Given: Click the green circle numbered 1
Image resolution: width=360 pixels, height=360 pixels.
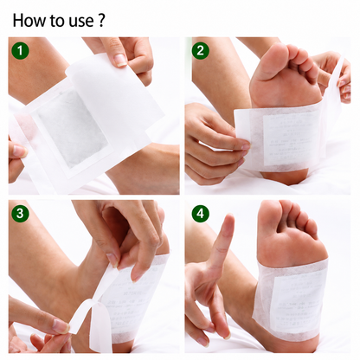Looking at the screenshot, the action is (20, 51).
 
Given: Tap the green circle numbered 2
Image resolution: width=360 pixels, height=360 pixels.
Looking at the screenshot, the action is (200, 51).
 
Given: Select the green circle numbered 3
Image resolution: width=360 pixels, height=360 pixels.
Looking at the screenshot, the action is (20, 214).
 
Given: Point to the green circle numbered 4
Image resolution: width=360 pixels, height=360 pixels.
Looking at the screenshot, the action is (200, 214).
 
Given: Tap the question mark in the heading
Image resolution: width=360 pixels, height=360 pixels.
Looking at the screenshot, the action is (101, 21).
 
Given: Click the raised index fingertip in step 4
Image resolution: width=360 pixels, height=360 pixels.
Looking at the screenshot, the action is (229, 220).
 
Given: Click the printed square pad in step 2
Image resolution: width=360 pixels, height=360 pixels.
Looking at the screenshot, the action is (292, 140).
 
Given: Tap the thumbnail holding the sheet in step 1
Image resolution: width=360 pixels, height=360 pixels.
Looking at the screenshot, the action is (120, 60).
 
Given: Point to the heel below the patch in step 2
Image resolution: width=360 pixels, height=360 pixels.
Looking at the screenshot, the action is (284, 177).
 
